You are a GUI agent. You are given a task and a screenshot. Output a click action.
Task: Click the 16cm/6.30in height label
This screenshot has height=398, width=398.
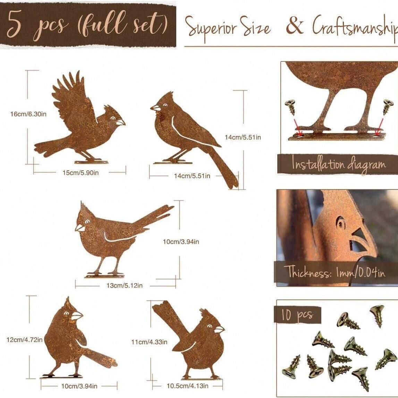28,114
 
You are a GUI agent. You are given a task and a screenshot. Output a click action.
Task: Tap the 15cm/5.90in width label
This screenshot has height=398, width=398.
81,173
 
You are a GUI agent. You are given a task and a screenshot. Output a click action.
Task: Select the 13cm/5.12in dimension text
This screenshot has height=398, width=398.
124,286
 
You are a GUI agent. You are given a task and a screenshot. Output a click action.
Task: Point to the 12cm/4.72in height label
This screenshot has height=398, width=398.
24,340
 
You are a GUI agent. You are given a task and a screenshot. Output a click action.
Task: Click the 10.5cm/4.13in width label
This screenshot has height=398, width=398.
187,386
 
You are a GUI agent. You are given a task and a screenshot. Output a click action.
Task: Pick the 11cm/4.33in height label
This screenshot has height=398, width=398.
149,342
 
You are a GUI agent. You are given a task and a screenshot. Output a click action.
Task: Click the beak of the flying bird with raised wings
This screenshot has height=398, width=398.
121,122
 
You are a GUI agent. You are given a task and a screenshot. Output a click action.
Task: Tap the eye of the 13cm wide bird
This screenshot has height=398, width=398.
87,222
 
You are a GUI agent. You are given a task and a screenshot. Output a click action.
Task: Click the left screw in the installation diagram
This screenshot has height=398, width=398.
291,107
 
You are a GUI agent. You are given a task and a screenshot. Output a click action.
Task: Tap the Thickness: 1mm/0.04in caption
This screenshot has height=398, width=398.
335,272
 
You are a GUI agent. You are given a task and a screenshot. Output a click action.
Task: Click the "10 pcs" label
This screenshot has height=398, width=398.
296,315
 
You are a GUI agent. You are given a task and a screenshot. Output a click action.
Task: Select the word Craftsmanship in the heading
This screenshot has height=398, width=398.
355,25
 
